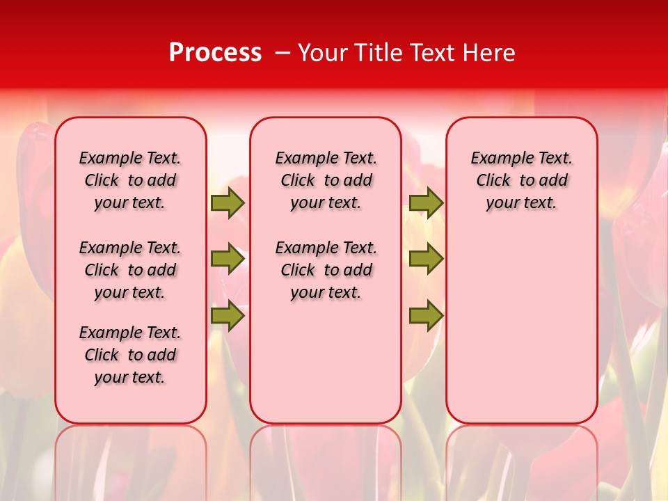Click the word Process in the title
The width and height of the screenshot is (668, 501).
214,53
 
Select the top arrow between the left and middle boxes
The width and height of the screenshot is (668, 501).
228,202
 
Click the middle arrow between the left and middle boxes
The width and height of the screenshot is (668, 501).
228,259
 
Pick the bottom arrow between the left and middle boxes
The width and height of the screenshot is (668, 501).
228,316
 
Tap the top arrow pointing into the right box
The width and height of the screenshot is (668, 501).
426,202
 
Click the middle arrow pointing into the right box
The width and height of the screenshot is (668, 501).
426,259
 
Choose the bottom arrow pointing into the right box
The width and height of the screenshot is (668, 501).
426,316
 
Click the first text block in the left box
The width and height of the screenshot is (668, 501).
130,180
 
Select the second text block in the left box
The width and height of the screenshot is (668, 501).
130,270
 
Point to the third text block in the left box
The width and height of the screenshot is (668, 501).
130,355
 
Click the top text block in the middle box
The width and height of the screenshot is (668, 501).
326,180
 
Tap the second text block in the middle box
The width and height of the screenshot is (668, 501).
326,270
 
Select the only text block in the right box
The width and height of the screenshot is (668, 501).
521,180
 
